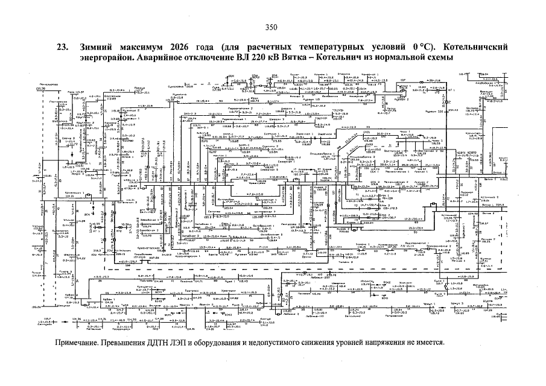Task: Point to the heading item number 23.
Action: tap(62, 47)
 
